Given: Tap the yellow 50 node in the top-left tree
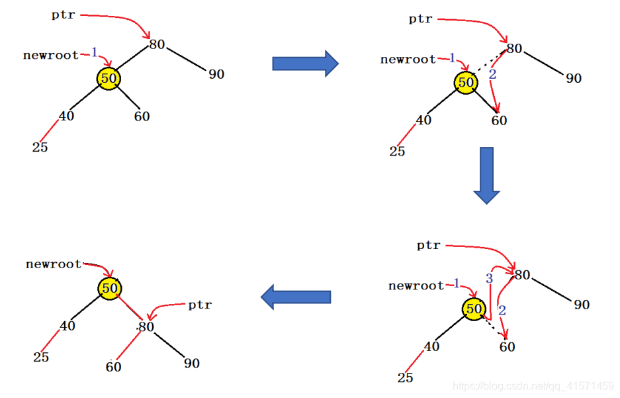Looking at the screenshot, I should (x=109, y=78).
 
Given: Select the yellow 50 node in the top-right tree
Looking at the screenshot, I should (x=466, y=83).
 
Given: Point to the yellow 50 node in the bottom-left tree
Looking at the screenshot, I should (x=110, y=288).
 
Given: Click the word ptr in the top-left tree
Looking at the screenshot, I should (x=64, y=14).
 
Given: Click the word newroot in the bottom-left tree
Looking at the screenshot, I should (x=54, y=264).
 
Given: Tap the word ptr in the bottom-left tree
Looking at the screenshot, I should (x=200, y=305).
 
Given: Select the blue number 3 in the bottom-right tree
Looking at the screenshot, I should (x=490, y=279).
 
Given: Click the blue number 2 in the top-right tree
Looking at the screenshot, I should (x=492, y=75).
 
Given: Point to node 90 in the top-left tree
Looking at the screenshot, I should (x=216, y=74).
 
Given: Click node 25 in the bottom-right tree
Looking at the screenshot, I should (x=405, y=377).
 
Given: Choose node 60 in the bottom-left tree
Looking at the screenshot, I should (x=114, y=366).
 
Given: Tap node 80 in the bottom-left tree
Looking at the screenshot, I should (x=146, y=326).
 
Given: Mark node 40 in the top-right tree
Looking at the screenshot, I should (x=423, y=121).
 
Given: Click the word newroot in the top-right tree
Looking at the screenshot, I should (x=408, y=60).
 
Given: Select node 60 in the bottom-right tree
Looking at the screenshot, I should (x=507, y=346).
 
